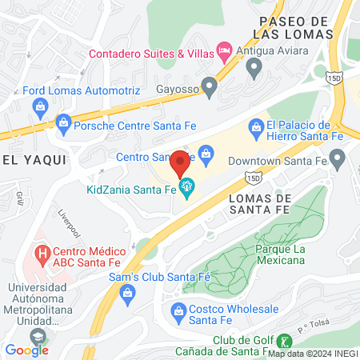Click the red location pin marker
179,163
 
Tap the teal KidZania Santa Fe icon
189,189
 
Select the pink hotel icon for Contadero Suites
226,53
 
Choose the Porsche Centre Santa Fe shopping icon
63,123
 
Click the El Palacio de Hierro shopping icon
256,125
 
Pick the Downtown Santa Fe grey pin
336,161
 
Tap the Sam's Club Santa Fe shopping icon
127,294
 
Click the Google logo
26,350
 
